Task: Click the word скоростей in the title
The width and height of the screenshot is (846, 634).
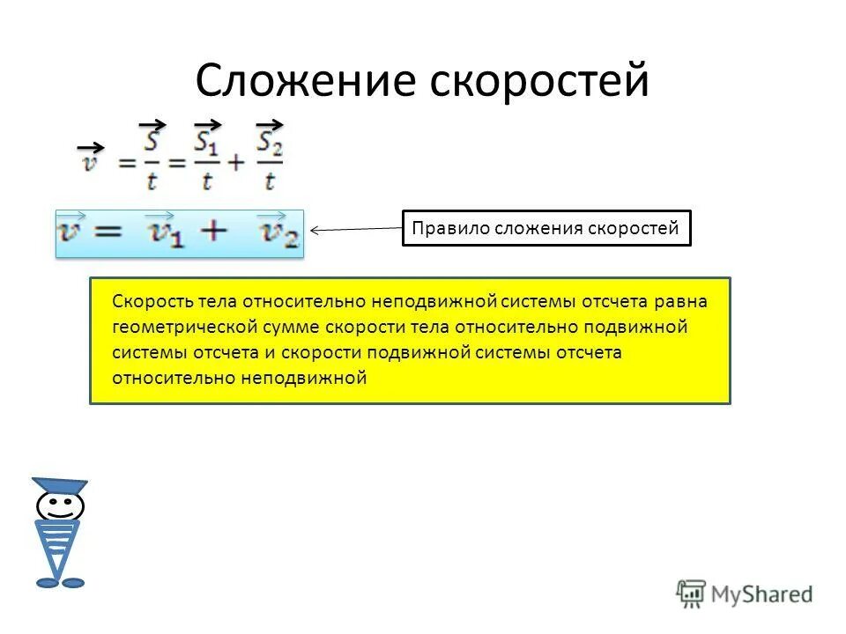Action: tap(539, 80)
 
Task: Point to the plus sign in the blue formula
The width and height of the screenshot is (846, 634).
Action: tap(213, 232)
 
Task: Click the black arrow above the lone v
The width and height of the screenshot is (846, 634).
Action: tap(91, 147)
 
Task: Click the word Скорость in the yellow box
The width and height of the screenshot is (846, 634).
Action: tap(149, 301)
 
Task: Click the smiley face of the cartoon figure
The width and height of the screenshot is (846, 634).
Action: tap(60, 505)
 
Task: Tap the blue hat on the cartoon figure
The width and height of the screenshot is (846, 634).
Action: tap(60, 485)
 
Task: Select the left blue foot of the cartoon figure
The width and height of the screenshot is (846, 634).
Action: tap(47, 582)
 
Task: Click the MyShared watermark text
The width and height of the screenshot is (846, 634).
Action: tap(761, 594)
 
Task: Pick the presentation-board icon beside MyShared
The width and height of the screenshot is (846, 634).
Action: tap(692, 594)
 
